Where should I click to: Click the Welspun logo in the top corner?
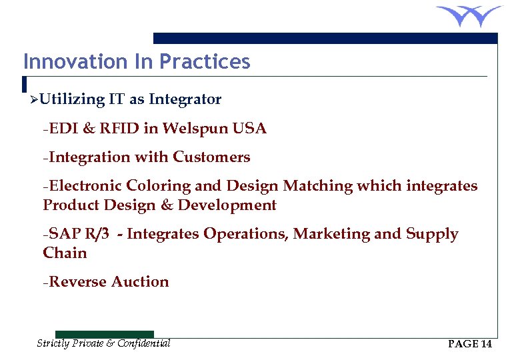tap(469, 16)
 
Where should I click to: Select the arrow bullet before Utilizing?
tap(33, 101)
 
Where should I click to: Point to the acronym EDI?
tap(63, 129)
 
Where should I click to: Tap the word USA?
tap(249, 129)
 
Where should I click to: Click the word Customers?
tap(211, 157)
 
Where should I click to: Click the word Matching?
tap(317, 186)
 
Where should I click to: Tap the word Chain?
tap(65, 253)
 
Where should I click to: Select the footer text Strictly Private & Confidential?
tap(103, 343)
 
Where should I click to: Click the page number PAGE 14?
tap(470, 344)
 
